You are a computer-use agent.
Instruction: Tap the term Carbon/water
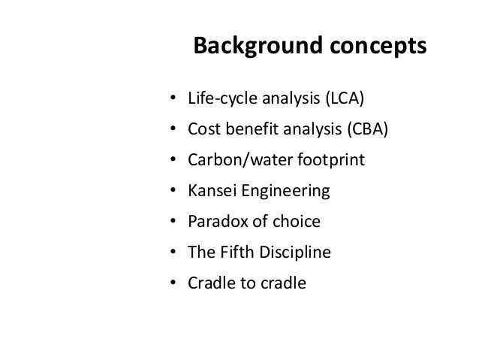click(235, 161)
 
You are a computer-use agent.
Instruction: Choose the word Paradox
click(215, 222)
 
